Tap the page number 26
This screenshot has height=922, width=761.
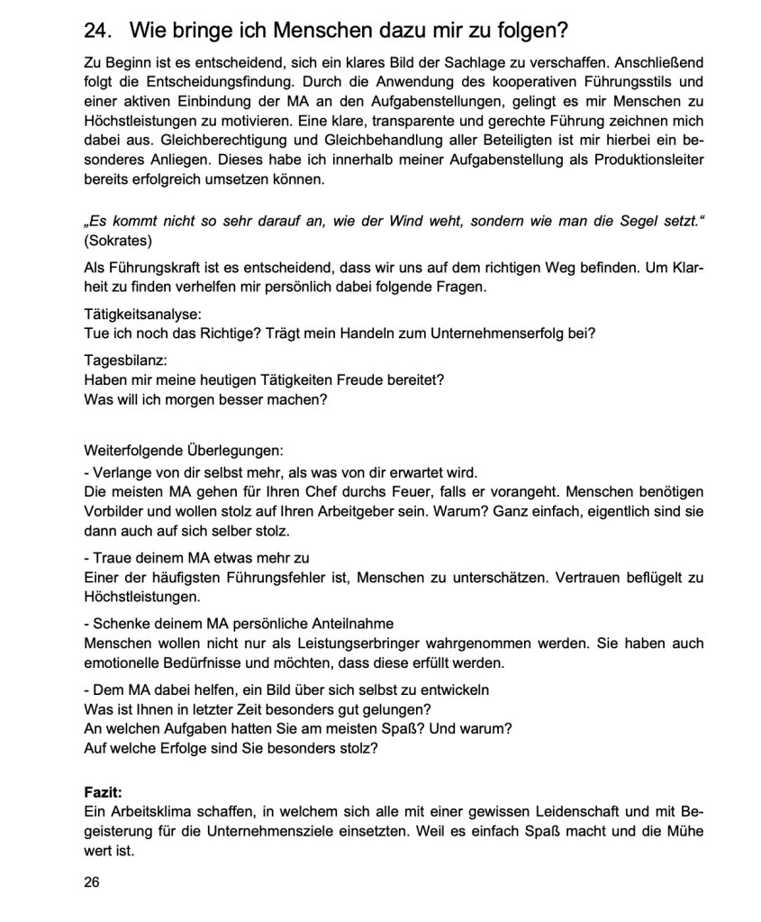click(92, 881)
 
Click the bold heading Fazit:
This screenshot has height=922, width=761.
click(104, 792)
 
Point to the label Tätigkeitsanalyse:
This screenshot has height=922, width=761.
click(143, 314)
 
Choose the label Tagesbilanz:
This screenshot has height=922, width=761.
click(125, 359)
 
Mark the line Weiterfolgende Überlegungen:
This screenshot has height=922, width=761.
click(184, 450)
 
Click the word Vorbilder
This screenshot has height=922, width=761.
click(114, 511)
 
